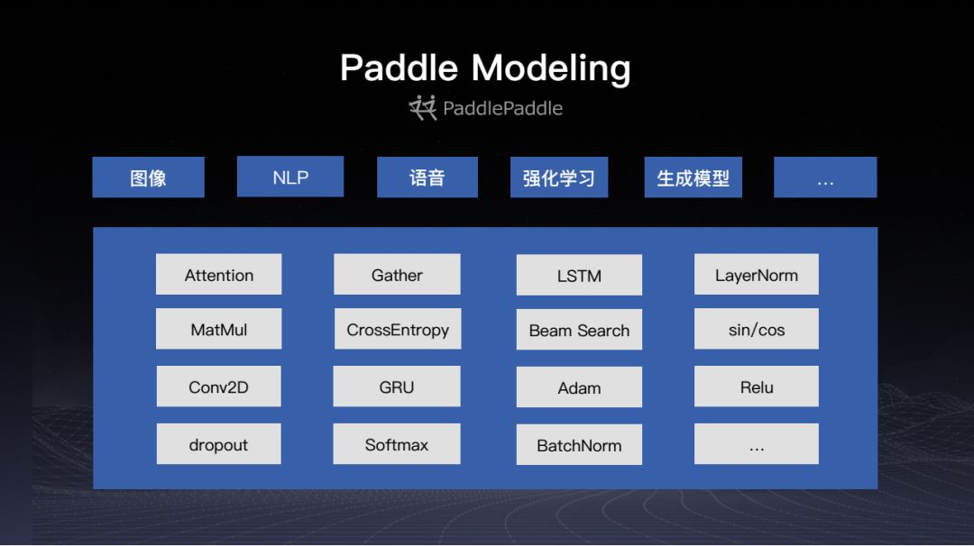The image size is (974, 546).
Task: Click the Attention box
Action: pos(218,274)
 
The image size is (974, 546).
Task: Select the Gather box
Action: pos(397,274)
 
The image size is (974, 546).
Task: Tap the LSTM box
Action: pos(579,275)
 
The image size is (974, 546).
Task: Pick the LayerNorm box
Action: pos(756,274)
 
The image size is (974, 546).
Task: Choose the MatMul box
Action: pos(218,329)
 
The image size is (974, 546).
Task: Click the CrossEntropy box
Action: pos(398,329)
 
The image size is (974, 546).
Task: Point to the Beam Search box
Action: pos(579,330)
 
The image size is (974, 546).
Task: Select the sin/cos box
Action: pos(756,329)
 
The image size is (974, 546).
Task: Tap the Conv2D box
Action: pos(218,387)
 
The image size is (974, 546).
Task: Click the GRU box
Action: pos(396,387)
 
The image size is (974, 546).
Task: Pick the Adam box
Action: pos(579,387)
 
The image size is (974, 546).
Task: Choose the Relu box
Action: pos(756,387)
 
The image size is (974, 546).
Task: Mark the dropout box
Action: pos(218,444)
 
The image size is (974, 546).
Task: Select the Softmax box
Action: pos(396,444)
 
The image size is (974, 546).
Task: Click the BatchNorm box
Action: pos(579,445)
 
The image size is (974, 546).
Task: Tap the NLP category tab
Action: pos(290,177)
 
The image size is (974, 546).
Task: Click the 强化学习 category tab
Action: pos(559,177)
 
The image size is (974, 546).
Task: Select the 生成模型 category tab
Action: pos(694,177)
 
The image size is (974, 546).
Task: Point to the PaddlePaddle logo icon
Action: pos(423,107)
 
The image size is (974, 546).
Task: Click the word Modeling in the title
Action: pos(551,68)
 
